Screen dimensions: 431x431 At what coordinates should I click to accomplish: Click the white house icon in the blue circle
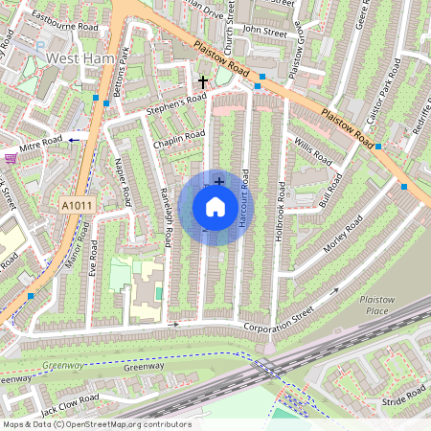(215, 207)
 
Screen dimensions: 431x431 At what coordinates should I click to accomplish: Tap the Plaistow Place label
(375, 305)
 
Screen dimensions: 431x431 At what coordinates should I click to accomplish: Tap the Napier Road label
(124, 182)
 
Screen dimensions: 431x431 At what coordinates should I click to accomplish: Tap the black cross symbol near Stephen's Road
(202, 84)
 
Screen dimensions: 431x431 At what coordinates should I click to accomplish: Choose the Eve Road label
(92, 260)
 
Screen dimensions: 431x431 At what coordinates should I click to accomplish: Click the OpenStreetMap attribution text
(96, 424)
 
